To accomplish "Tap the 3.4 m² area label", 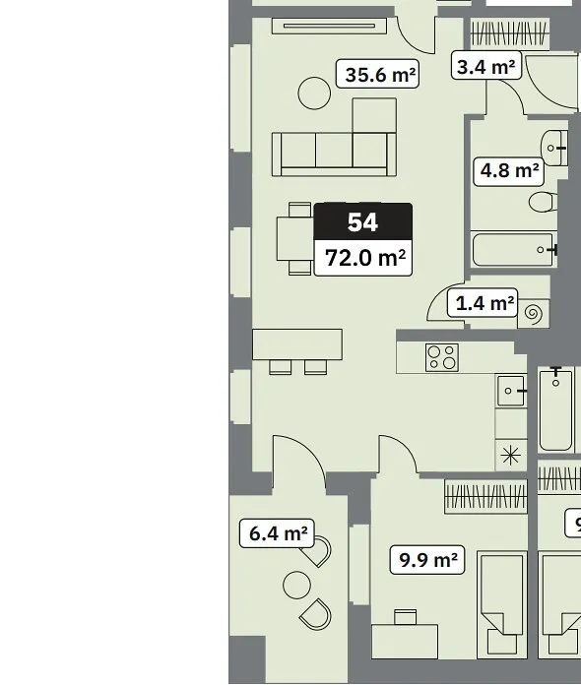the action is pos(486,66).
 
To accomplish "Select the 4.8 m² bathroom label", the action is pos(509,171).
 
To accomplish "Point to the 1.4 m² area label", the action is pos(483,303).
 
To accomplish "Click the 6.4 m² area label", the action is pos(277,533).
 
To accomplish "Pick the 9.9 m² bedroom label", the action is pos(427,560).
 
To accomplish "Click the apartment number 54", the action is pos(362,221).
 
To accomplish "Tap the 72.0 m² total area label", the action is pos(363,258).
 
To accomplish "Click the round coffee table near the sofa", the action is pos(314,93).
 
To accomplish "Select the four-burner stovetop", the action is pos(442,357).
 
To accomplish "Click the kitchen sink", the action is pos(511,391).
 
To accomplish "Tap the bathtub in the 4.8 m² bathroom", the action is pos(515,249).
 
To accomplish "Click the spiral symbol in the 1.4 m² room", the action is pos(534,313).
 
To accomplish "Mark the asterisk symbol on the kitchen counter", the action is pos(511,456).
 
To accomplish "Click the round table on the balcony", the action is pos(296,585).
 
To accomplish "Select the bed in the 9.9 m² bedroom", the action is pos(502,605).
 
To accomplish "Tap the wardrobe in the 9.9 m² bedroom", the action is pos(485,497).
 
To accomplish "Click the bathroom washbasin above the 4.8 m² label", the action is pos(554,148).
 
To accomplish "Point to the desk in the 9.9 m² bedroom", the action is pos(405,642).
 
